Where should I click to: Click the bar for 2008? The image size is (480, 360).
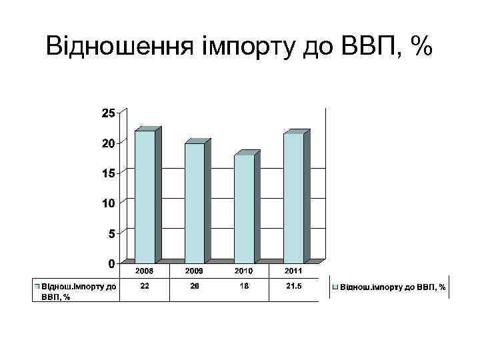[145, 197]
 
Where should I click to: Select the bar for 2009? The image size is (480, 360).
[195, 203]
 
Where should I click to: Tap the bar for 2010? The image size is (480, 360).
[244, 209]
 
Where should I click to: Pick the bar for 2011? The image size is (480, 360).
[293, 198]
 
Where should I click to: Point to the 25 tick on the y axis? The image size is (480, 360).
[107, 113]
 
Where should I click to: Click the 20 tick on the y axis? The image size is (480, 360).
[107, 143]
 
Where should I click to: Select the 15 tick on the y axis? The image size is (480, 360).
[107, 173]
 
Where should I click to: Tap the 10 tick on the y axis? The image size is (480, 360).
[107, 203]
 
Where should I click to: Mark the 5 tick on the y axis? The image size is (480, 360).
[111, 233]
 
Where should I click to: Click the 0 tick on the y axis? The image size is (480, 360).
[111, 263]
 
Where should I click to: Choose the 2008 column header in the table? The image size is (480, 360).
[145, 272]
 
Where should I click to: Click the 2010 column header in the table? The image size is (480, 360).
[244, 272]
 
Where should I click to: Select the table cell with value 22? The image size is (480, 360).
[145, 286]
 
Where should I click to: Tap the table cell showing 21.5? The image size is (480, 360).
[293, 286]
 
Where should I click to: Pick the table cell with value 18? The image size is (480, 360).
[244, 286]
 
